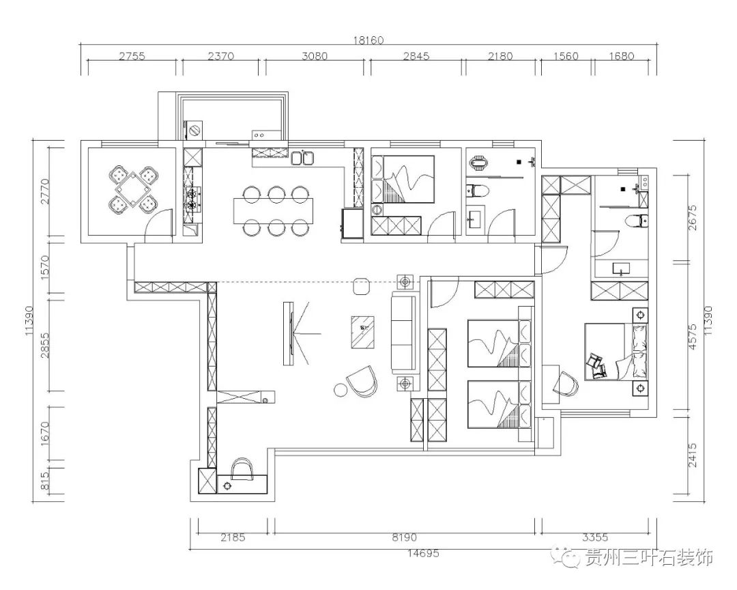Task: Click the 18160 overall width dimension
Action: tap(369, 40)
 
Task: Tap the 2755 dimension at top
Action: tap(132, 57)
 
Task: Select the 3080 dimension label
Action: tap(315, 57)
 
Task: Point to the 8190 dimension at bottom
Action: tap(405, 537)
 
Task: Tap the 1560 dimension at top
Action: tap(566, 57)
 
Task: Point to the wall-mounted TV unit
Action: tap(289, 333)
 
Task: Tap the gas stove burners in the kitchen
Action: tap(192, 196)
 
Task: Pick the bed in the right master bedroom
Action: tap(614, 352)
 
